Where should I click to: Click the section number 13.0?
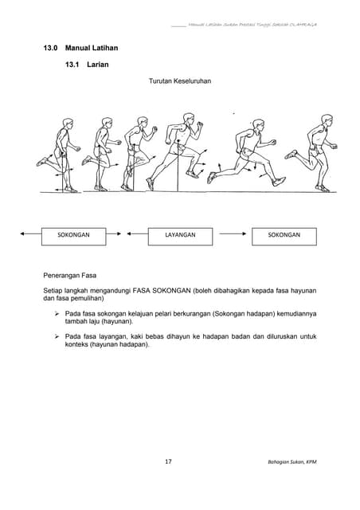53,49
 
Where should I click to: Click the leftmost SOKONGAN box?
74,236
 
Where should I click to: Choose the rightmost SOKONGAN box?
284,236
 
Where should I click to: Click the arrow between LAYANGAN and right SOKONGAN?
232,236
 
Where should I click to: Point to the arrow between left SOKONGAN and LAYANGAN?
127,236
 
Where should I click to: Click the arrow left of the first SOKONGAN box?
32,236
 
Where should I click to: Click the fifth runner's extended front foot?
278,182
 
